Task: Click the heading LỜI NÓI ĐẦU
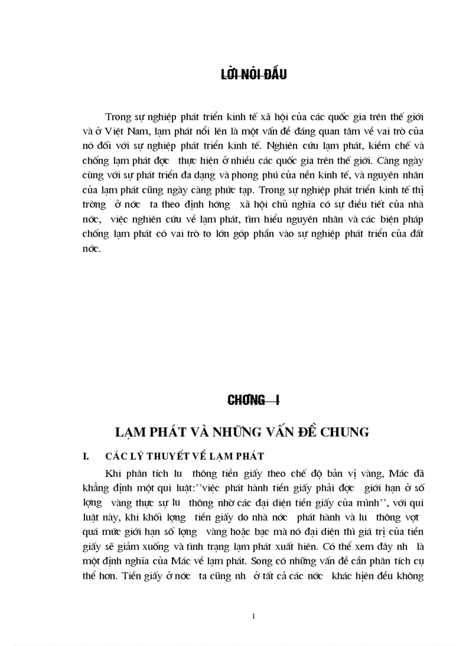pyautogui.click(x=253, y=75)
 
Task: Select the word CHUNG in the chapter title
pyautogui.click(x=342, y=431)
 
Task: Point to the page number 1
pyautogui.click(x=253, y=616)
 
